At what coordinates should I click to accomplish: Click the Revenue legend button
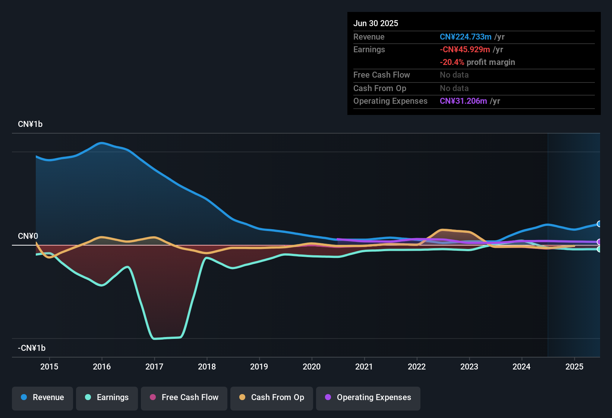(x=42, y=397)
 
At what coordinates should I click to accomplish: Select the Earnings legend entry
(x=107, y=397)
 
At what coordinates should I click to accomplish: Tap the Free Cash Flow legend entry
(x=184, y=397)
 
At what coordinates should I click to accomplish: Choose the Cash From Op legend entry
(x=272, y=397)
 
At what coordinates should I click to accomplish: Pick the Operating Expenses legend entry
(x=368, y=397)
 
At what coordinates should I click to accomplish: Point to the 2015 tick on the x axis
(x=49, y=366)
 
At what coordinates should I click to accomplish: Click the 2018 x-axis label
(x=207, y=366)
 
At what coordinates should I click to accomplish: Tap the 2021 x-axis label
(x=364, y=366)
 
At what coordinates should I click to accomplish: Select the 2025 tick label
(x=574, y=366)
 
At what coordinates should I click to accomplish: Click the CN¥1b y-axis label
(x=30, y=124)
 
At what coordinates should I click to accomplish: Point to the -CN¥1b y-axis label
(x=32, y=348)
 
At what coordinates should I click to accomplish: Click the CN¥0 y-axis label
(x=28, y=236)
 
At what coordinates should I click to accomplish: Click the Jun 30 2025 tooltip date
(x=376, y=23)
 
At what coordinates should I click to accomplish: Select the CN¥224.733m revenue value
(x=466, y=37)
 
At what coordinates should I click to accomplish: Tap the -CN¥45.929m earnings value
(x=465, y=49)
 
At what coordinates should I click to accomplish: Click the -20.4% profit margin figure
(x=452, y=62)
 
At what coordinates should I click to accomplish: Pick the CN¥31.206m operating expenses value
(x=463, y=101)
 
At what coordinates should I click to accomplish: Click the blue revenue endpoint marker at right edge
(x=599, y=224)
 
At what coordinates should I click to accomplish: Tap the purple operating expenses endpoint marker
(x=599, y=242)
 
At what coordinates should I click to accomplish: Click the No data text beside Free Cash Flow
(x=454, y=75)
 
